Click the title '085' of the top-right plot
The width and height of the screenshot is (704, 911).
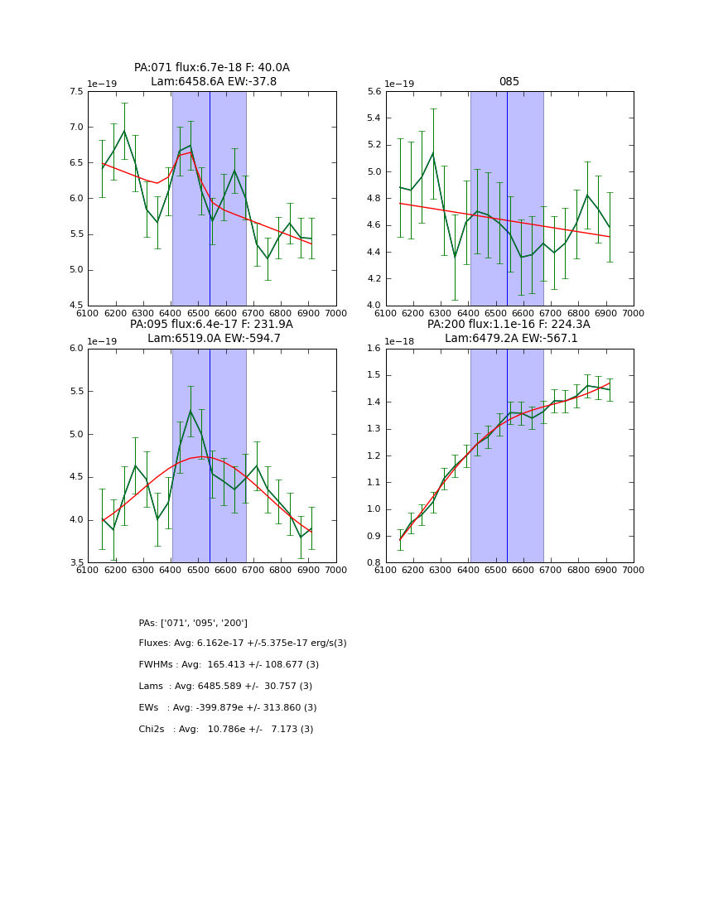(509, 82)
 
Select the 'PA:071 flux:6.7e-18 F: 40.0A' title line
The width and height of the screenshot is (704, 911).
(212, 68)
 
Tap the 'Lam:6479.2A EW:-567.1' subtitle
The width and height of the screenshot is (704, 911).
(509, 338)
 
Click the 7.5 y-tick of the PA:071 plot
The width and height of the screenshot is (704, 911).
(75, 92)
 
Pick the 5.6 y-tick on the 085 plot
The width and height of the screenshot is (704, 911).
(373, 92)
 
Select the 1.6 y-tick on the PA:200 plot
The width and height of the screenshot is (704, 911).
(373, 349)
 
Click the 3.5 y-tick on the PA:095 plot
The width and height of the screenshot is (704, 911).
(75, 563)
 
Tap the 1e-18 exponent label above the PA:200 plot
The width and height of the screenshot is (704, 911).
(400, 341)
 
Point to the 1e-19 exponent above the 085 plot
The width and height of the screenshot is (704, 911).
(400, 84)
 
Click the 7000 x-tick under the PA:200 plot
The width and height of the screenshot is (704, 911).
(633, 569)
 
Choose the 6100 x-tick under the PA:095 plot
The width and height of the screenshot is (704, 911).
(88, 569)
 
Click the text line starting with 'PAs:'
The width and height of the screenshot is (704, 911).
(193, 623)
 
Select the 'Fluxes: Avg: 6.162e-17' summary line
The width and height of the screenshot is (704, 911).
(243, 643)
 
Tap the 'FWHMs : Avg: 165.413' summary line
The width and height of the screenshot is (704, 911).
(229, 665)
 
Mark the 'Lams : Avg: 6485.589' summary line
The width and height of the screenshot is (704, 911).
(225, 687)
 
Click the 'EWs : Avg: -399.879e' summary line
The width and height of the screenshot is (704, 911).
(228, 708)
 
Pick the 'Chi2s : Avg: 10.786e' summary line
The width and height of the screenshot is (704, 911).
(226, 730)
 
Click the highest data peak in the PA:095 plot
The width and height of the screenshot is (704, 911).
(190, 411)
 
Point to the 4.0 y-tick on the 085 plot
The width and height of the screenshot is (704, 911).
(373, 306)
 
